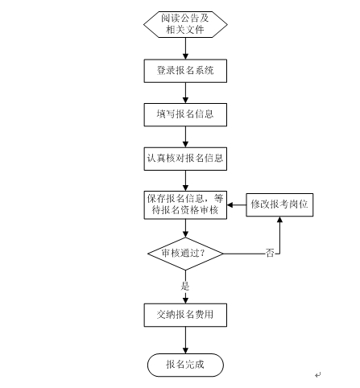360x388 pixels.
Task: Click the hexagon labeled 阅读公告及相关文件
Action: pos(185,24)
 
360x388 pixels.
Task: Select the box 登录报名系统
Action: pos(185,71)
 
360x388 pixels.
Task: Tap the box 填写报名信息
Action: pos(185,114)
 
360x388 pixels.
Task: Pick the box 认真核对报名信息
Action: pos(185,159)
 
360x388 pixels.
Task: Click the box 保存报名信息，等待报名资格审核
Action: pos(185,205)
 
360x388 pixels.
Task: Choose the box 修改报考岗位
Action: pos(279,204)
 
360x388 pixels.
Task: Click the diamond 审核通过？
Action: pos(185,254)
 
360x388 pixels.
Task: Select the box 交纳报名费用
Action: pos(185,315)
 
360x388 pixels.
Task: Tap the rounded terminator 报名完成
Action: pos(185,365)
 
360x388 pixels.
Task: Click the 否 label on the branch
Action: pos(270,253)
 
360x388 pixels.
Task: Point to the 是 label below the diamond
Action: pos(185,286)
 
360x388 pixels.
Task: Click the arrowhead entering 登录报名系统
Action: pos(185,56)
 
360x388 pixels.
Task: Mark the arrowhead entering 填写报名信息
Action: pos(185,101)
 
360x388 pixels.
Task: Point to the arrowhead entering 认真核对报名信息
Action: pos(185,144)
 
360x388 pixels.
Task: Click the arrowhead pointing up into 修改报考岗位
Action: pos(279,220)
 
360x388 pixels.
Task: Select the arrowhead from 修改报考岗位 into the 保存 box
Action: pos(230,205)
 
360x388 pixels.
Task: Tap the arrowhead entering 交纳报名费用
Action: pos(185,300)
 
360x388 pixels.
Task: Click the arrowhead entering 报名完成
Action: pos(185,350)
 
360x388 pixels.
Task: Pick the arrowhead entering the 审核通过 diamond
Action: pos(185,234)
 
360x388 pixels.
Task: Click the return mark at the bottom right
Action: pos(318,375)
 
